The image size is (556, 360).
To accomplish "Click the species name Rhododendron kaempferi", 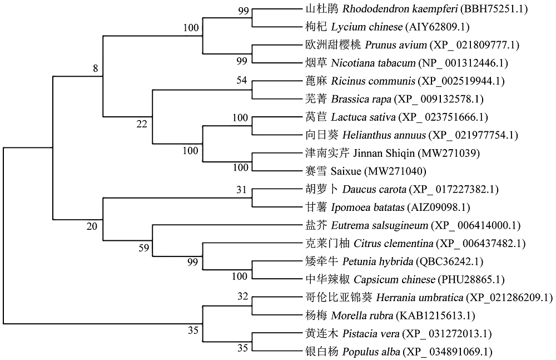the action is [x=400, y=9].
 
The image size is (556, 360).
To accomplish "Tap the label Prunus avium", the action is [x=396, y=45].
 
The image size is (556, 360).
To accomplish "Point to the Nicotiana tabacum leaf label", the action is [x=374, y=63].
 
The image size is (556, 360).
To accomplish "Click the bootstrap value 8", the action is [x=96, y=68].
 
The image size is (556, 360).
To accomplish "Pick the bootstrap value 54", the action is [x=241, y=80].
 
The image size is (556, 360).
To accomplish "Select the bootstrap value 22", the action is [x=141, y=124].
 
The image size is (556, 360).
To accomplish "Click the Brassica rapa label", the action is [x=361, y=99].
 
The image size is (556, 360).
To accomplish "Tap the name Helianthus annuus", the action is [x=384, y=135].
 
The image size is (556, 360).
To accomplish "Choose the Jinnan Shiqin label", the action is [x=384, y=154].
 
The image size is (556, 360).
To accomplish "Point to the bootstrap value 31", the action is [x=241, y=190].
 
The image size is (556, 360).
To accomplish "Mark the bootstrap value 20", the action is [x=92, y=226].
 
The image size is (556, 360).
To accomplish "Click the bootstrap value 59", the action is [x=143, y=248].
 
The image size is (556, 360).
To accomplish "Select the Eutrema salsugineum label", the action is [x=379, y=225].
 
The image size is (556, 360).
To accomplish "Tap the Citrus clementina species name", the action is [x=394, y=244].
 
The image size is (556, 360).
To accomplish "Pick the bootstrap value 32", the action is [x=242, y=296].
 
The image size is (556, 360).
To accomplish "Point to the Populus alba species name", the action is [x=371, y=352].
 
